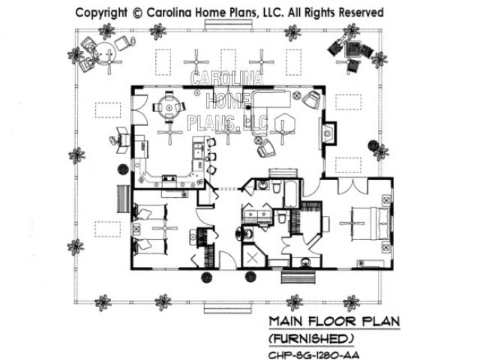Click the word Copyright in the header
coord(101,13)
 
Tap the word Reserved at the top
coord(361,13)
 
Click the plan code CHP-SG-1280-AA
coord(313,355)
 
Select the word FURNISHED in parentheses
coord(311,339)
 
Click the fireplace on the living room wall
coord(328,133)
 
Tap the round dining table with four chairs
coord(169,106)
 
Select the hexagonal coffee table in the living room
coord(284,124)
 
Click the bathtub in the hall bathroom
coord(291,193)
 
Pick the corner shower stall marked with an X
coord(253,256)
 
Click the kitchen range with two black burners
coord(169,178)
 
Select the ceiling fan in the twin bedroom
coord(165,228)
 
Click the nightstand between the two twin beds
coord(136,228)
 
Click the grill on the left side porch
coord(120,140)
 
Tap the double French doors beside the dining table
coord(139,109)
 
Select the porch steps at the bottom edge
coord(228,308)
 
